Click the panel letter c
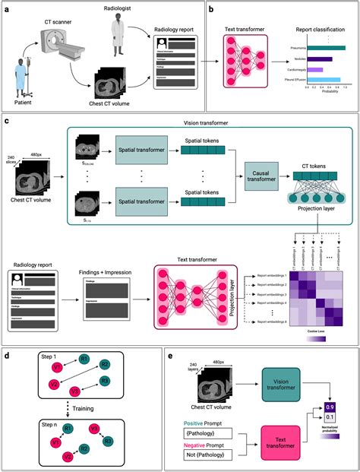[7, 120]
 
